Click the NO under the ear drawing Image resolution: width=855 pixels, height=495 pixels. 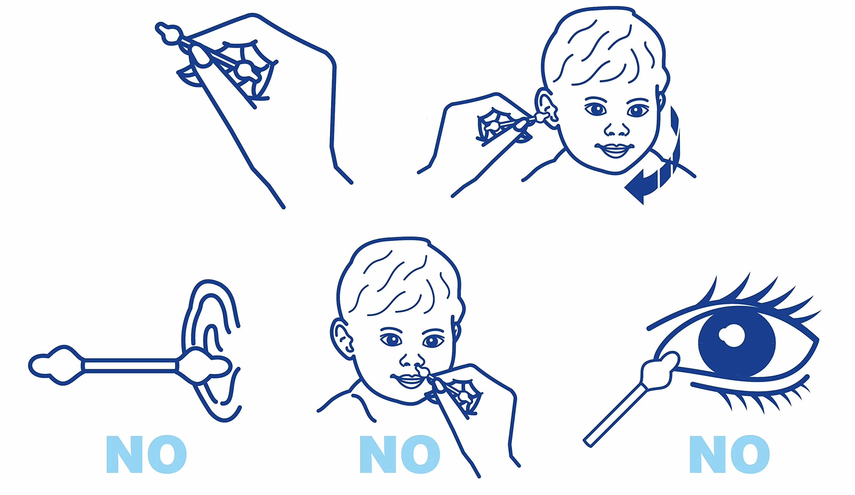[x=146, y=454]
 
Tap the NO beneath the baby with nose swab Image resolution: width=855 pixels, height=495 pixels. [x=400, y=454]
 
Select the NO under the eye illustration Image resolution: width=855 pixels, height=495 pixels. [x=730, y=454]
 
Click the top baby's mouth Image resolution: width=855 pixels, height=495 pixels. [x=615, y=150]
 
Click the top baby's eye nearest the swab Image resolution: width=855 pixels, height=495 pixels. [x=596, y=109]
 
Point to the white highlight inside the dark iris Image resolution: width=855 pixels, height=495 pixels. [x=731, y=335]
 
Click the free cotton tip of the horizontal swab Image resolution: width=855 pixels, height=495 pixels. [x=56, y=365]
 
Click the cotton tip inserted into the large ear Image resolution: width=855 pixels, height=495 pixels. [x=204, y=366]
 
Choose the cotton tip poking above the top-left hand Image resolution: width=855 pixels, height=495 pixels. [x=169, y=33]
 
